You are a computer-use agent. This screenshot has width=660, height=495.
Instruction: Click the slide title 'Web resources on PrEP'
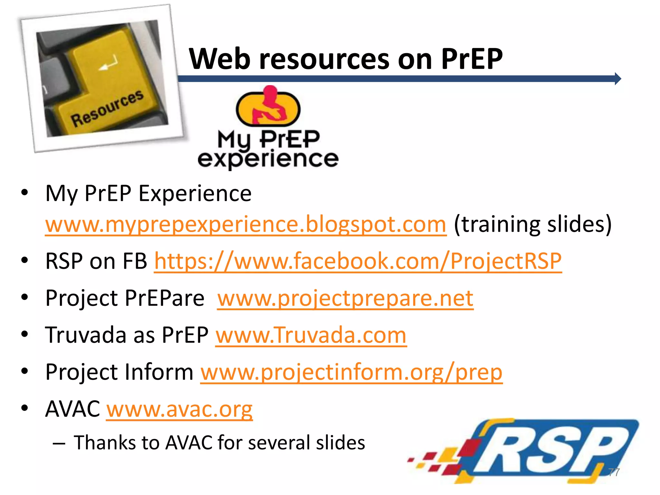(345, 59)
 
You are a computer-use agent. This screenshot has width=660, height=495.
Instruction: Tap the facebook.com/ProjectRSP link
(358, 261)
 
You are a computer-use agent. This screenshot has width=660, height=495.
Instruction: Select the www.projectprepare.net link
(345, 298)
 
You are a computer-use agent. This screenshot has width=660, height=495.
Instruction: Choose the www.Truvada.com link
(311, 335)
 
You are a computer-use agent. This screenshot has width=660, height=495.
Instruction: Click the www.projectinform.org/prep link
(351, 372)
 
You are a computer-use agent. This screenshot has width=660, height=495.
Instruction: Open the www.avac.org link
(180, 409)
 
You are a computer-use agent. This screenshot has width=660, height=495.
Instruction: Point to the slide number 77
(614, 472)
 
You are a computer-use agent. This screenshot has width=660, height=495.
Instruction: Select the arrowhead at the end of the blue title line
(617, 79)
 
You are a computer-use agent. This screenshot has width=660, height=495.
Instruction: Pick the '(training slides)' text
(532, 224)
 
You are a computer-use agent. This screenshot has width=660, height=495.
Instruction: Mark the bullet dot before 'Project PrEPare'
(25, 297)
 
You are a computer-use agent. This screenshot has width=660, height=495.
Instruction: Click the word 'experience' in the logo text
(268, 159)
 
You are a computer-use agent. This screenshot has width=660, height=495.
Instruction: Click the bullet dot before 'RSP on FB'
(25, 260)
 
